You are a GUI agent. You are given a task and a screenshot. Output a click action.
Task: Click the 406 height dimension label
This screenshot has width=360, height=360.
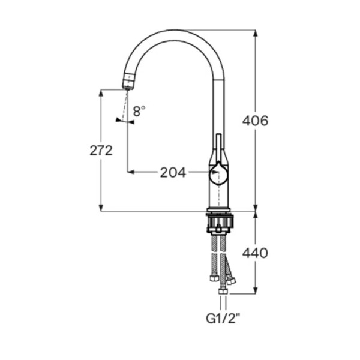pyautogui.click(x=255, y=121)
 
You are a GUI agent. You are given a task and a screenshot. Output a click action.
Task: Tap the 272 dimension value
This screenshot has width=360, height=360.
pyautogui.click(x=101, y=151)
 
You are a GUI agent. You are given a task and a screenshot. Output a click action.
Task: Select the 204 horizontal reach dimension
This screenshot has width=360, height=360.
pyautogui.click(x=173, y=173)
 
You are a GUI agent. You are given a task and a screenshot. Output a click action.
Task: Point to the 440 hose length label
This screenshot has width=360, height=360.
pyautogui.click(x=255, y=253)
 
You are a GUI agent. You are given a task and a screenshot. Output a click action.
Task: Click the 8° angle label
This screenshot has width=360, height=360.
pyautogui.click(x=139, y=111)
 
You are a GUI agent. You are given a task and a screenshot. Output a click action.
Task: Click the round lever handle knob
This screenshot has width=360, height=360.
pyautogui.click(x=218, y=174)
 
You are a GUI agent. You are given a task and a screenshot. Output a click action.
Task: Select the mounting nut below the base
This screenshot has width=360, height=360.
pyautogui.click(x=220, y=223)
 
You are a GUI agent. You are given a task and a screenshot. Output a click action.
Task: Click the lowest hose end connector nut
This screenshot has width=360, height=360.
pyautogui.click(x=223, y=292)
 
